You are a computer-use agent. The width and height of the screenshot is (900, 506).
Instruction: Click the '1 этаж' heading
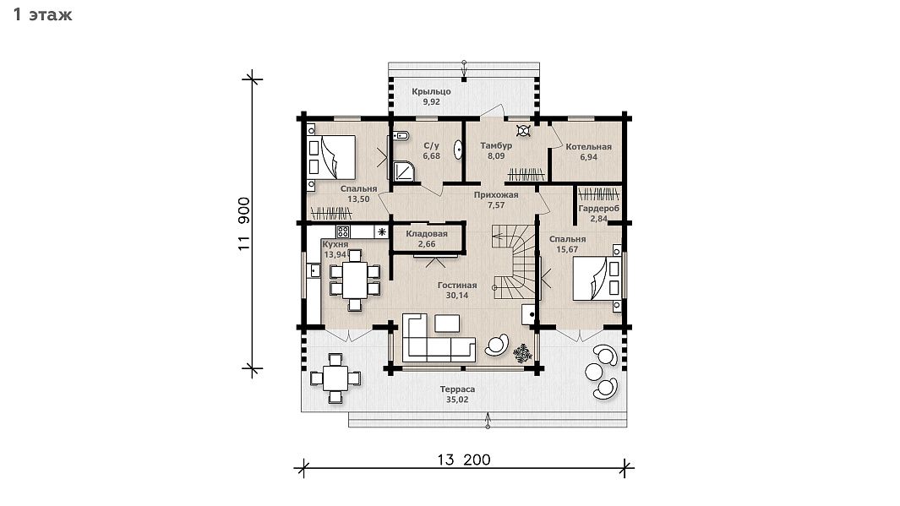[42, 14]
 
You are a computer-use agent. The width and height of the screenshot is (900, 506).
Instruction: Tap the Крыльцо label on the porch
[431, 91]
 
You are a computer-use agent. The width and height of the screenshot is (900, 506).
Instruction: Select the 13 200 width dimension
[464, 460]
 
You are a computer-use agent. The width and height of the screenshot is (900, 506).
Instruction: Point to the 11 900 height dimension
[244, 224]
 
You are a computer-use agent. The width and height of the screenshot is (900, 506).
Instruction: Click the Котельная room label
[588, 147]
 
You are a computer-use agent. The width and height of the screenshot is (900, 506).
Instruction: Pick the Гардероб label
[598, 209]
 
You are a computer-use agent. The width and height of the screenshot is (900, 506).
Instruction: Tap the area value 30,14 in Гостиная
[457, 296]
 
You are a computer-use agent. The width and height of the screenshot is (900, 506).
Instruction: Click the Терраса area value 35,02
[457, 400]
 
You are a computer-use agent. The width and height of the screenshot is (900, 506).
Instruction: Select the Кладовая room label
[427, 233]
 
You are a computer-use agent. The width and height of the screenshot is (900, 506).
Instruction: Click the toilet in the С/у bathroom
[401, 136]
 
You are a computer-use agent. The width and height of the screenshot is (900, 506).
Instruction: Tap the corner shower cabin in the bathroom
[405, 171]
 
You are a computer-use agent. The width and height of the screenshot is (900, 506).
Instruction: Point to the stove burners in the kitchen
[342, 231]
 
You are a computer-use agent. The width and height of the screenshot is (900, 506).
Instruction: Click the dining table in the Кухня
[355, 280]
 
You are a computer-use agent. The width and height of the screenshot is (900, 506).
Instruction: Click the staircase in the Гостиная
[515, 262]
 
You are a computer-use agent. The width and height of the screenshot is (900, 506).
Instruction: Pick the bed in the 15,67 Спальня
[597, 278]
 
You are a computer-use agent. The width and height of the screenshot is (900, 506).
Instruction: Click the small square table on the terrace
[335, 378]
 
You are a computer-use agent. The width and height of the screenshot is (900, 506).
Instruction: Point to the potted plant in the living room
[523, 353]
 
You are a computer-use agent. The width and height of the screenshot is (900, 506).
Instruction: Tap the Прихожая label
[496, 195]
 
